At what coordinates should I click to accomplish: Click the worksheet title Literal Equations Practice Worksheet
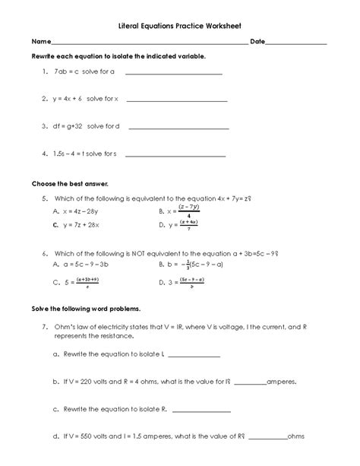[179, 25]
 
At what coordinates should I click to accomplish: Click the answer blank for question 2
[176, 100]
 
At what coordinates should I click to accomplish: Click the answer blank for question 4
[174, 155]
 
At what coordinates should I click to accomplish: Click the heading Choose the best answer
[70, 184]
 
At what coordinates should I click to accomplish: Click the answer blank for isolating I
[193, 356]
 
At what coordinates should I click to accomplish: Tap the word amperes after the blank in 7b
[283, 382]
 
